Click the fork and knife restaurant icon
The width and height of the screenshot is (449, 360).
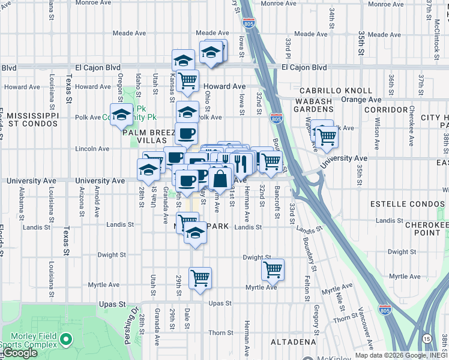241,161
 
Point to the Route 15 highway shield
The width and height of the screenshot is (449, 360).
426,338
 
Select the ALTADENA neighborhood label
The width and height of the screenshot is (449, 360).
292,342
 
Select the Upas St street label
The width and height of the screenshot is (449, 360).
220,304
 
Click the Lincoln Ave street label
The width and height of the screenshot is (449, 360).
92,148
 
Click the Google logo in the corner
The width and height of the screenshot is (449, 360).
20,353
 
